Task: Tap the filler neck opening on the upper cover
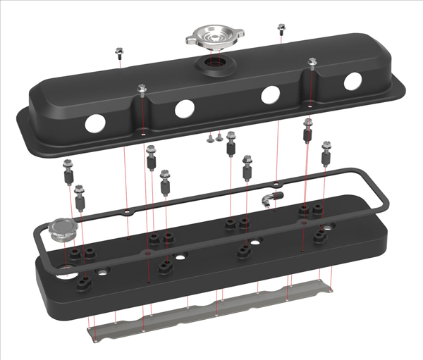point(214,67)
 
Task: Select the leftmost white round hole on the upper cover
point(94,123)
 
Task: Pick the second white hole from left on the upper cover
point(184,108)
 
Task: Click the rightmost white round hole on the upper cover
point(352,82)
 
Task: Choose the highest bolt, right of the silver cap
point(281,28)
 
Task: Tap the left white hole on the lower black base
point(104,272)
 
